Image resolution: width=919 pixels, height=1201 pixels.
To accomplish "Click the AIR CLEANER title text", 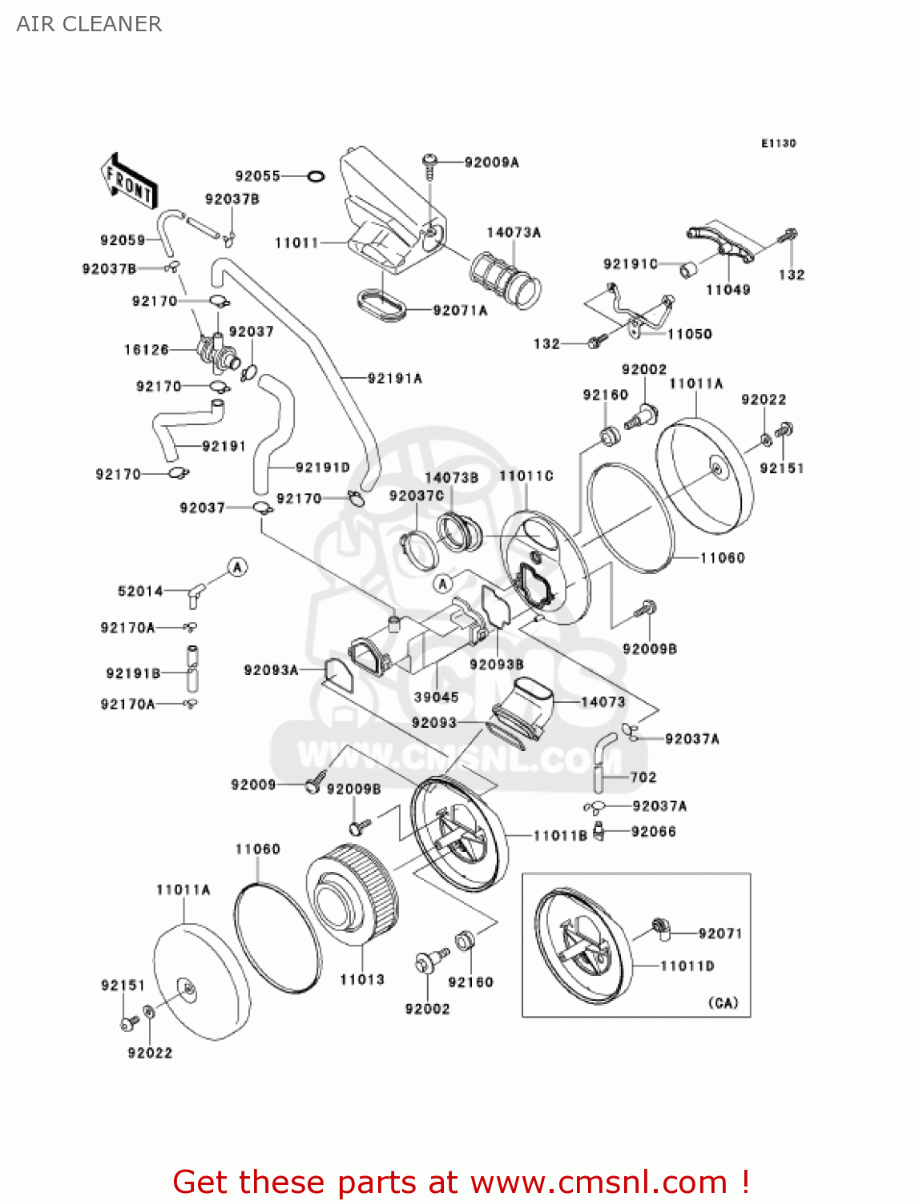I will (89, 24).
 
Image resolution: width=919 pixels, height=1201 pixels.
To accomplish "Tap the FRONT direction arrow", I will (128, 182).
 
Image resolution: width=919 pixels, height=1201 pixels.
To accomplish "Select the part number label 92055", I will (257, 176).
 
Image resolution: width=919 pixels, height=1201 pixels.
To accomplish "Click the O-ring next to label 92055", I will (316, 176).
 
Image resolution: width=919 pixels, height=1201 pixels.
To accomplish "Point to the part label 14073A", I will (514, 232).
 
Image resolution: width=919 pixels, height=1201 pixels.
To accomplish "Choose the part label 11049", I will (728, 290).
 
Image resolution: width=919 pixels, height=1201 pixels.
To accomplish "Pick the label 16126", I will (147, 350).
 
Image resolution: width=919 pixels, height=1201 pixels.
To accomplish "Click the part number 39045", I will (436, 697).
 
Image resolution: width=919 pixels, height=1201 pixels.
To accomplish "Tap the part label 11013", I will (362, 979).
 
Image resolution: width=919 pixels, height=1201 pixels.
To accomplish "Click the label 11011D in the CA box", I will (687, 966).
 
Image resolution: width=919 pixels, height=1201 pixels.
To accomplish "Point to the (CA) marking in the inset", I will (723, 1002).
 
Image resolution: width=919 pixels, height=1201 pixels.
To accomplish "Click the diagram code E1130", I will (778, 143).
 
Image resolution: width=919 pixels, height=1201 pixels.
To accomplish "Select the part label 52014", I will (140, 592).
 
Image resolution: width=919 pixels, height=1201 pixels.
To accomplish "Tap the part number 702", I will (643, 777).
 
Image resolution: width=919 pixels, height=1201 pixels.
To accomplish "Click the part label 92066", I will (653, 832).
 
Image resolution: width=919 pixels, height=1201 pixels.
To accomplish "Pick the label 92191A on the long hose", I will (394, 378).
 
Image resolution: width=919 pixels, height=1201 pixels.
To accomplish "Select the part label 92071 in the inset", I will (719, 934).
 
